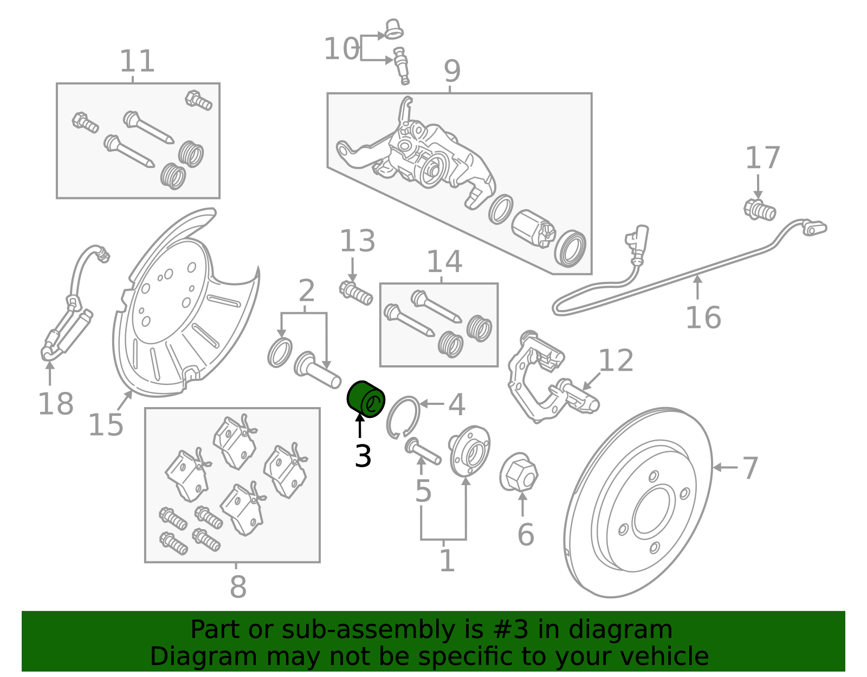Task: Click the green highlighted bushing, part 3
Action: (365, 399)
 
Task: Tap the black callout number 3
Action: (363, 456)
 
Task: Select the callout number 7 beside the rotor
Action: (749, 468)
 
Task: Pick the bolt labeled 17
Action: (760, 210)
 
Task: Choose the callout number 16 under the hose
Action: (703, 318)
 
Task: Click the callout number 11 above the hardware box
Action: (137, 61)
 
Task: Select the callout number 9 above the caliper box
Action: (452, 72)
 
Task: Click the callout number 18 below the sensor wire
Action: (55, 404)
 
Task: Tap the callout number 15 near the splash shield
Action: (106, 424)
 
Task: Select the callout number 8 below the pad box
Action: (238, 586)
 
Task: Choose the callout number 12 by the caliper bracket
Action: (616, 360)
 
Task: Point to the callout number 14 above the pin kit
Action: (444, 262)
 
